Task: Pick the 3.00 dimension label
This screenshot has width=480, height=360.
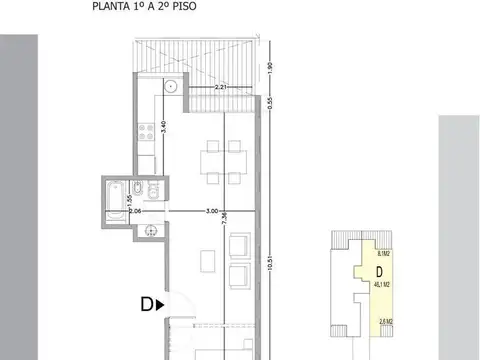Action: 212,211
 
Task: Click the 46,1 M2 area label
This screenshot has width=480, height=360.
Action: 378,285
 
